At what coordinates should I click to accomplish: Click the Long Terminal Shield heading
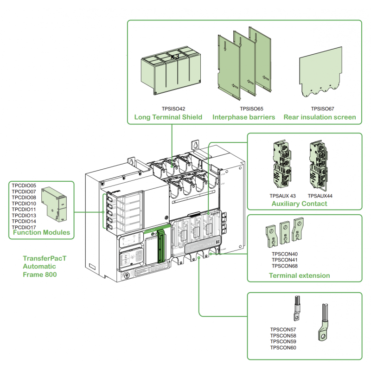click(x=168, y=117)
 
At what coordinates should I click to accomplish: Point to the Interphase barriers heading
click(x=244, y=117)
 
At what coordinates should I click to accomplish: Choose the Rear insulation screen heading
click(x=320, y=117)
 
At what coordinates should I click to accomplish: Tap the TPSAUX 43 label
click(x=282, y=196)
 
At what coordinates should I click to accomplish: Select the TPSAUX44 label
click(x=320, y=196)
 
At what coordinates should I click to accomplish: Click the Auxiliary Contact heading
click(x=299, y=204)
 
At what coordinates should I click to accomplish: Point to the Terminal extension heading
click(x=299, y=275)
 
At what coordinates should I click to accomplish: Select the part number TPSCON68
click(x=284, y=266)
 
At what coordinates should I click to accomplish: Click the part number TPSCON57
click(x=283, y=330)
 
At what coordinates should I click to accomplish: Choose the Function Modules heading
click(x=41, y=232)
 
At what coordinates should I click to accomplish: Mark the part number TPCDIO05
click(x=24, y=185)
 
